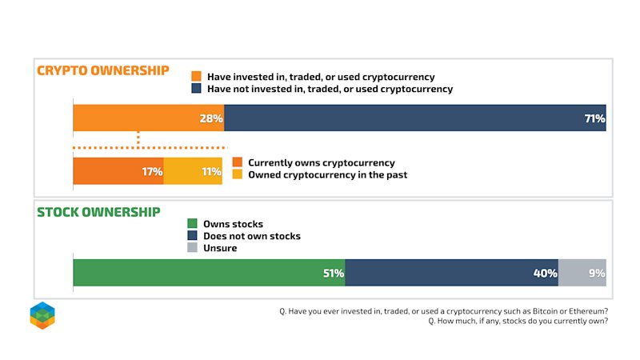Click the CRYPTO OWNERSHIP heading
[x=103, y=70]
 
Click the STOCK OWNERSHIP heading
[x=98, y=212]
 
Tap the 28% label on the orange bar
[x=211, y=118]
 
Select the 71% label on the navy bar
[x=594, y=118]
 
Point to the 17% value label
[x=152, y=171]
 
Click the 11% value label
[x=211, y=171]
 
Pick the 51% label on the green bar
[x=334, y=273]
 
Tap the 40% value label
[x=546, y=273]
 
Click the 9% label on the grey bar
[x=597, y=273]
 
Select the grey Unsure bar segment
[x=582, y=273]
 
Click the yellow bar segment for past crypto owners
[x=193, y=171]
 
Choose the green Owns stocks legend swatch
[x=192, y=223]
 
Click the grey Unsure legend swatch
[x=192, y=247]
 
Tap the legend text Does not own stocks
[x=252, y=236]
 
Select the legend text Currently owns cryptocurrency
[x=322, y=163]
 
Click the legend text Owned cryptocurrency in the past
[x=328, y=174]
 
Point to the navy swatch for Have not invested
[x=196, y=88]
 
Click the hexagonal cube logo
[x=42, y=315]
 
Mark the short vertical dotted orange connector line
[x=138, y=139]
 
